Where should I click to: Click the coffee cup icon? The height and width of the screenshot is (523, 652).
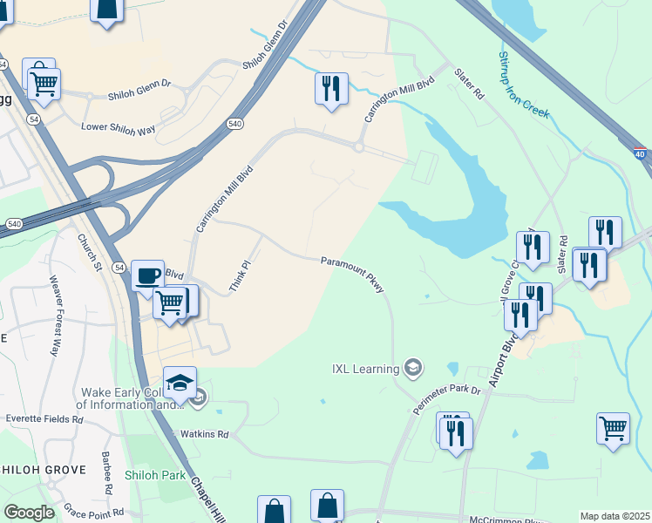coord(147,275)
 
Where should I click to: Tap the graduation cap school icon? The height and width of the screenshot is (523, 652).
coord(180,383)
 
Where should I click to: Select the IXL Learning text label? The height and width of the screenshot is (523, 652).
coord(364,369)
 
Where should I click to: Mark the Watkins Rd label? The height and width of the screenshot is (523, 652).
coord(204,433)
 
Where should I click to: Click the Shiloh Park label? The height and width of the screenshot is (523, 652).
coord(154,475)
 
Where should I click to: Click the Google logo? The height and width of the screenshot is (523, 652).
coord(29,513)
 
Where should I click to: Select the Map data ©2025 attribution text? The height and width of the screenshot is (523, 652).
coord(615,516)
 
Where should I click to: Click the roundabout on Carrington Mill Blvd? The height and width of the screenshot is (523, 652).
coord(358,147)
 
